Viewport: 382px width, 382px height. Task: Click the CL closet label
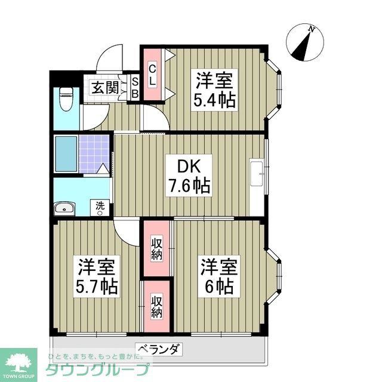(152, 75)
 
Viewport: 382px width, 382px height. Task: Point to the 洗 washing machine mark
(101, 206)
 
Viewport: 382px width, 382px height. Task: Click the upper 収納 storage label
(156, 248)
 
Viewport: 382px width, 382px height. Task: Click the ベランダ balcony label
(158, 349)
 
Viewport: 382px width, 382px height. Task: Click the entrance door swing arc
(110, 58)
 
